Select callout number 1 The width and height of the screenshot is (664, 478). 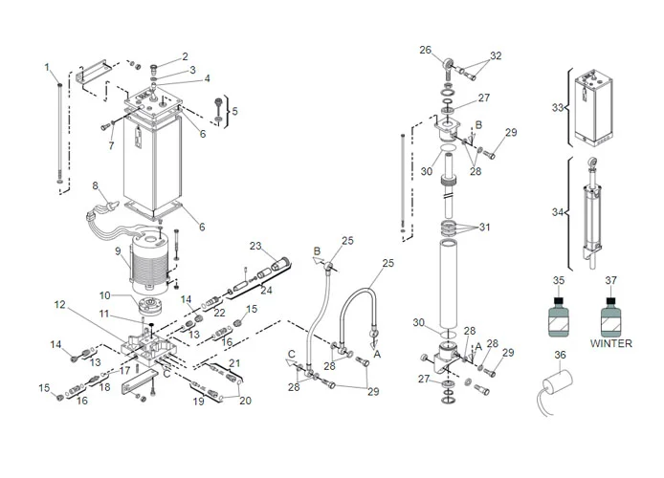pos(47,66)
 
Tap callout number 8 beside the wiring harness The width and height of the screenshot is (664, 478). pos(95,185)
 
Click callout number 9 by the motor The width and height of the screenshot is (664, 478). pos(119,252)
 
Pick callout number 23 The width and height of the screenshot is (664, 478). pos(255,245)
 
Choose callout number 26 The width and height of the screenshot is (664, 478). pos(426,50)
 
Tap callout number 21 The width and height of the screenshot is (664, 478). pos(234,363)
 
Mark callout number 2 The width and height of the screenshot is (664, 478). pos(186,56)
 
